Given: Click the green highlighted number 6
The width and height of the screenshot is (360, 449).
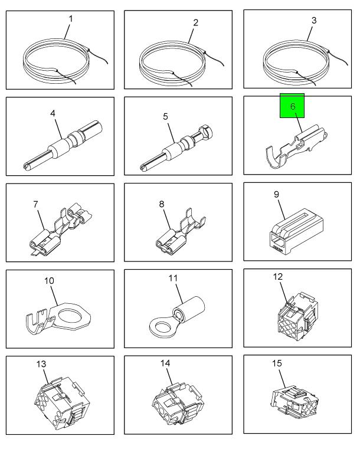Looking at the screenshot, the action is [x=292, y=106].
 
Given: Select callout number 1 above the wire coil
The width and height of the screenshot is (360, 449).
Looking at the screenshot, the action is [x=71, y=19].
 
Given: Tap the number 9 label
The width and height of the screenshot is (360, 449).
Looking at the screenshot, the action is [x=276, y=195].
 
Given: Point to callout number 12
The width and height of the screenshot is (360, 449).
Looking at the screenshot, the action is [x=278, y=277].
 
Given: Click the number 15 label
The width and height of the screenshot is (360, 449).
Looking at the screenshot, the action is [x=277, y=363].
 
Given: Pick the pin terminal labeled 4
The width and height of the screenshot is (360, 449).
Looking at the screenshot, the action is [x=62, y=144].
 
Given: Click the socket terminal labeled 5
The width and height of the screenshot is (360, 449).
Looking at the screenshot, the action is [x=177, y=147].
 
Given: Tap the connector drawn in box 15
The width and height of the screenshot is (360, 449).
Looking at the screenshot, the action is [x=294, y=400].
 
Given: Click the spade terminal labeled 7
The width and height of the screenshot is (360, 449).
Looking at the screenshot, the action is [x=61, y=230].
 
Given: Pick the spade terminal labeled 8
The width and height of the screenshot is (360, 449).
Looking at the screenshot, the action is [x=181, y=232].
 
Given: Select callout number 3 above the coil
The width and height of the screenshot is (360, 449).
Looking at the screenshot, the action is [x=314, y=20].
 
